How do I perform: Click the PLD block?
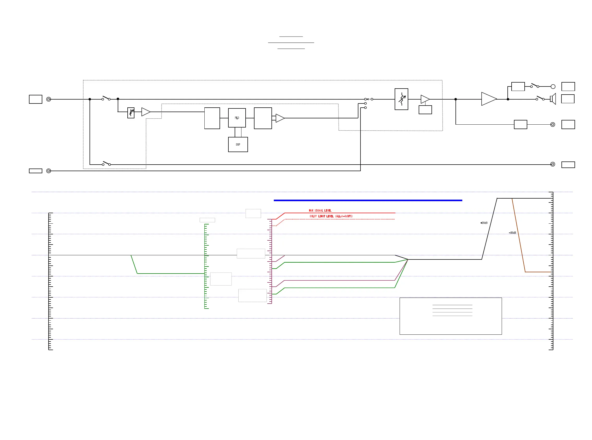236,118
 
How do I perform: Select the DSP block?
238,144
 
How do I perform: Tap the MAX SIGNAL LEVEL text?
320,210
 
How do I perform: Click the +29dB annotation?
484,223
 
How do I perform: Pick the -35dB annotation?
512,233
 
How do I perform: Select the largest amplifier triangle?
488,99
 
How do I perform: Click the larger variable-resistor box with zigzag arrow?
401,99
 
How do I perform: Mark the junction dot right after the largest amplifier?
508,99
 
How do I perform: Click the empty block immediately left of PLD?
212,118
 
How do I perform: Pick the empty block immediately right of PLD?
263,118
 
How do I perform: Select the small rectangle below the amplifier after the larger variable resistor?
425,110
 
